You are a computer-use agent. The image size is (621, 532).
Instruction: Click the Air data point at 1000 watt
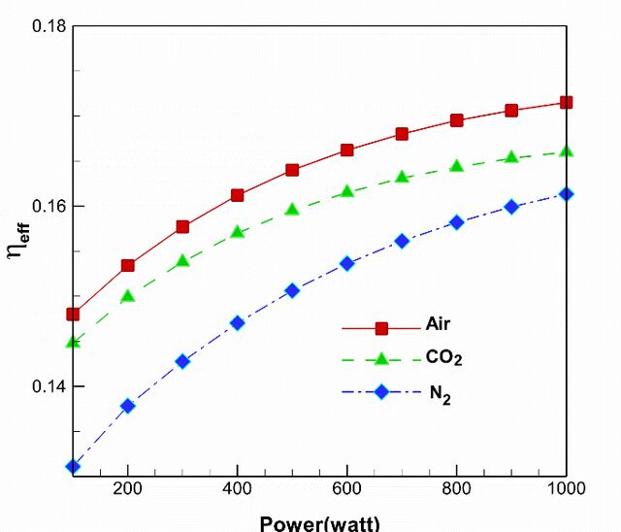(567, 103)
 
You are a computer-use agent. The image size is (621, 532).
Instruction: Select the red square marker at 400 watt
(237, 195)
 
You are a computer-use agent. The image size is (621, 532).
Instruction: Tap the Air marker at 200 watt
(127, 265)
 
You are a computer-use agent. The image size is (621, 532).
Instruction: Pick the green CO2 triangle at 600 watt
(347, 191)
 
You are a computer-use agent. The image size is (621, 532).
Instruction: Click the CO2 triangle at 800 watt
(457, 166)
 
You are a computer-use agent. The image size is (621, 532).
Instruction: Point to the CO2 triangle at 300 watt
(182, 260)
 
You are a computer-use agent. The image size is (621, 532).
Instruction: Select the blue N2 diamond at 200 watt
(127, 406)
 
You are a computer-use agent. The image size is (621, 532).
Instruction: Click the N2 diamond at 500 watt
(292, 291)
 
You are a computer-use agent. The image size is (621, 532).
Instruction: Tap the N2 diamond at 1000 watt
(567, 194)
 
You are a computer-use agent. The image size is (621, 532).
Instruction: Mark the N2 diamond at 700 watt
(402, 241)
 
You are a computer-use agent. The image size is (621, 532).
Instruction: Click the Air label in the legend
(438, 324)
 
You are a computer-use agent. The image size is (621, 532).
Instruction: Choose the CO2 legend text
(444, 357)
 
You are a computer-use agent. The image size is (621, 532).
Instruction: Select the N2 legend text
(441, 394)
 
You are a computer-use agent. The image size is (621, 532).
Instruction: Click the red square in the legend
(381, 328)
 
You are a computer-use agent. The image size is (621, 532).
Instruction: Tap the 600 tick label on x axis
(347, 488)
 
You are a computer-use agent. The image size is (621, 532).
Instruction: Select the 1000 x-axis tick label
(567, 488)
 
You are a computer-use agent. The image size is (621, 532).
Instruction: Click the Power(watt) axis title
(319, 523)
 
